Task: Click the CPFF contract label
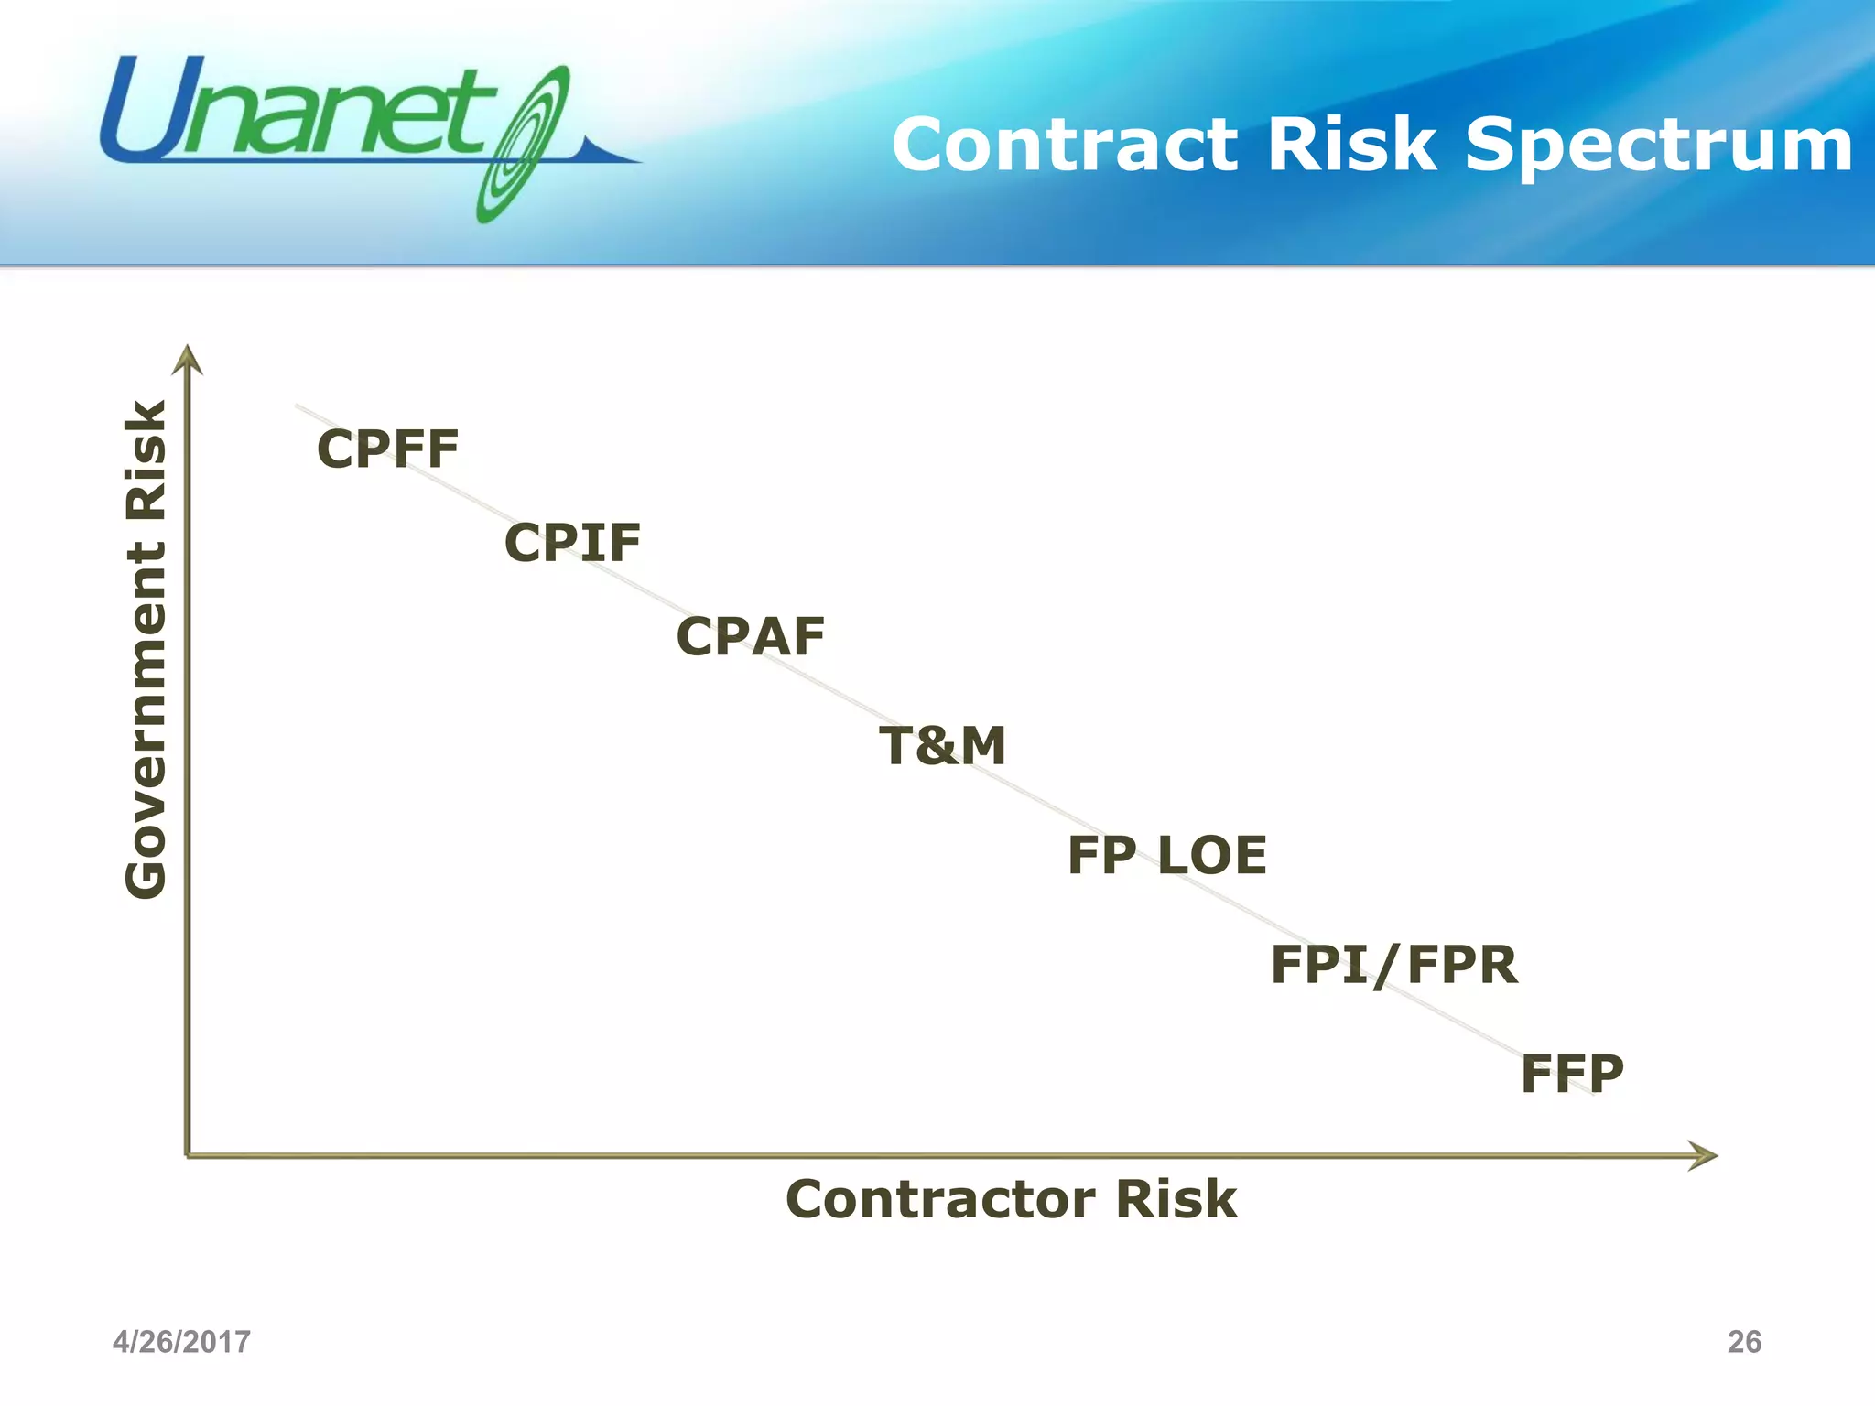coord(387,449)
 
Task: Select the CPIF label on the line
coord(572,543)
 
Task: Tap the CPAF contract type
coord(750,637)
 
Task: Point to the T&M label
coord(942,746)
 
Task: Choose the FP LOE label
coord(1167,856)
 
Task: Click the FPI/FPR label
coord(1393,966)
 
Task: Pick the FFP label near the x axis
coord(1572,1075)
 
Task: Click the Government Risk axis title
coord(146,650)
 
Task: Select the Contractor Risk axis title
coord(1011,1199)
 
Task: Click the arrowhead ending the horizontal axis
coord(1704,1155)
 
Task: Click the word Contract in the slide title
coord(1065,145)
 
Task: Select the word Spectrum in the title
coord(1658,146)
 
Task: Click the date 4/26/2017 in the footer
coord(181,1342)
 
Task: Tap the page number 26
coord(1744,1342)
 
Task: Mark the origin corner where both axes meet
coord(188,1155)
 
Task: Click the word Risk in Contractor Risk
coord(1176,1199)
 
